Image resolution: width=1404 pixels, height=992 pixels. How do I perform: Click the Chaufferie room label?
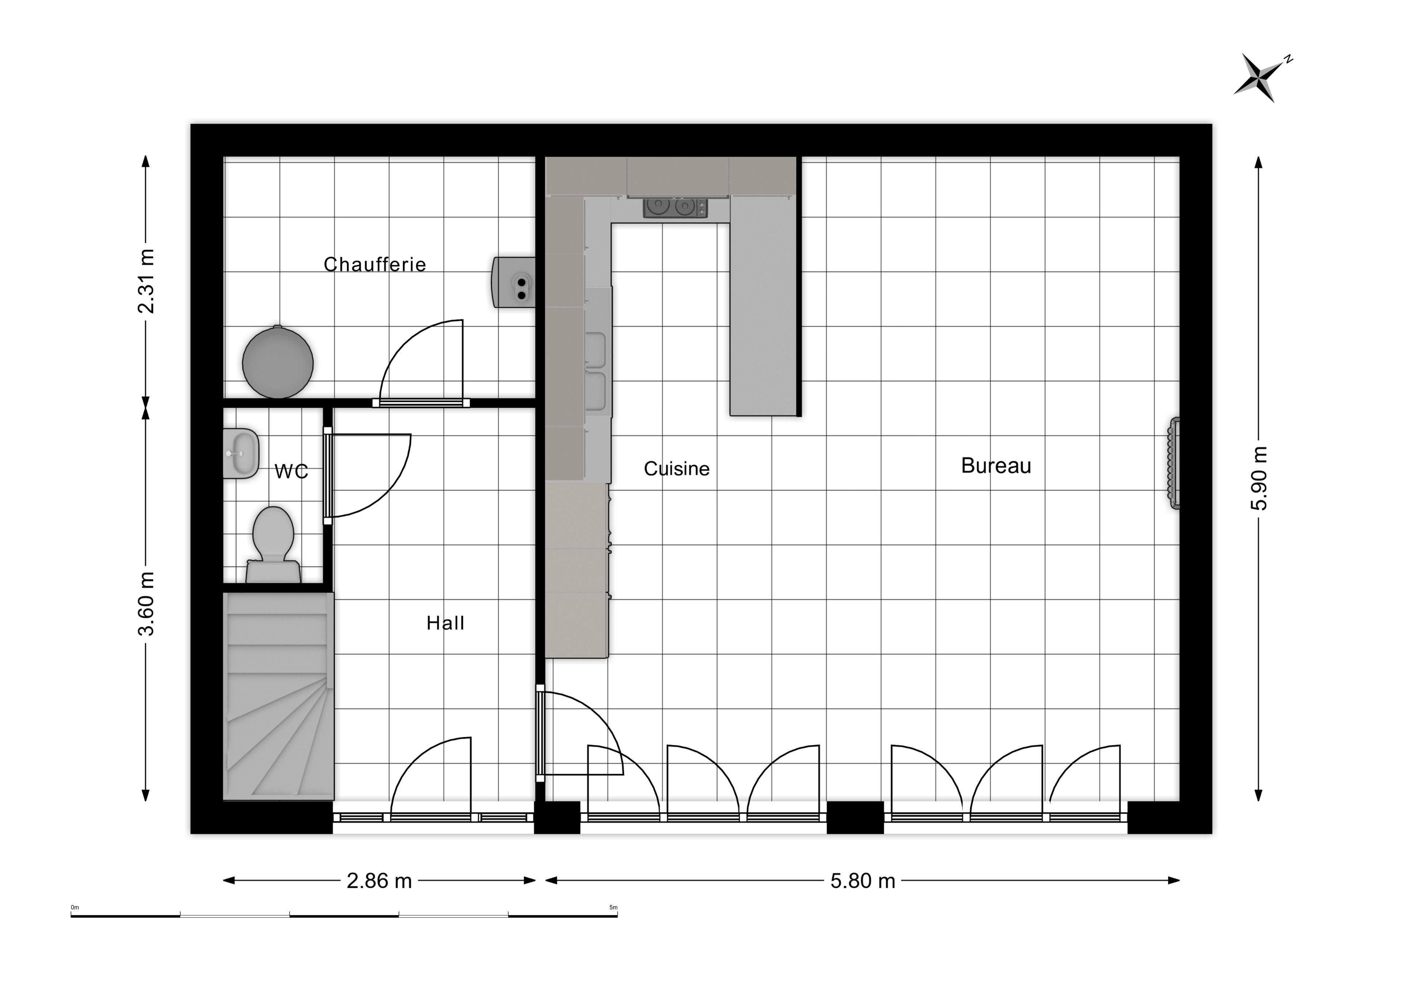click(374, 264)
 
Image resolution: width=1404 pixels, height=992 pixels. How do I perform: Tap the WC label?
click(291, 471)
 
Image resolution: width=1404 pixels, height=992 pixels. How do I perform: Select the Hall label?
click(445, 623)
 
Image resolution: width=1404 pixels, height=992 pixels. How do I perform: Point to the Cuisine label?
click(676, 469)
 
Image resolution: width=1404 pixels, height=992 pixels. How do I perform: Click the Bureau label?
click(996, 466)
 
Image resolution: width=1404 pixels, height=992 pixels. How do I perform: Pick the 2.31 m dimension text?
click(146, 281)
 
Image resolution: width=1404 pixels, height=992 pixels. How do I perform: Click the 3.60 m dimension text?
click(146, 604)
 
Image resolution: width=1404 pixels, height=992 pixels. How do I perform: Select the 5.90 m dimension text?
click(1259, 478)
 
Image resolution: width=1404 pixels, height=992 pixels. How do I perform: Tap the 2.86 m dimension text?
click(379, 881)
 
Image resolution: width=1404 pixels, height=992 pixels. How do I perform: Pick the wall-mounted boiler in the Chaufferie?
click(514, 282)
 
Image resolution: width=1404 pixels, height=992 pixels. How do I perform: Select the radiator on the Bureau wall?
click(1174, 463)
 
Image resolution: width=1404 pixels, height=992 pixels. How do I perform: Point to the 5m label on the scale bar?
click(613, 908)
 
